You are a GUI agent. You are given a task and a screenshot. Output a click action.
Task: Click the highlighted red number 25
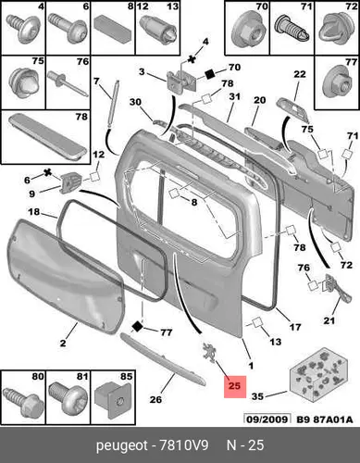pos(234,386)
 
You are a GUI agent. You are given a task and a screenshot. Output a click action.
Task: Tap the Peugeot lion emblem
pos(209,351)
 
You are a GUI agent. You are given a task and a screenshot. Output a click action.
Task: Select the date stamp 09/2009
pos(267,419)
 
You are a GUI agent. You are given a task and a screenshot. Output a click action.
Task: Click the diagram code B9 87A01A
pos(325,419)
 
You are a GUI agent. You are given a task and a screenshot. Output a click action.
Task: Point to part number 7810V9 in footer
pos(183,445)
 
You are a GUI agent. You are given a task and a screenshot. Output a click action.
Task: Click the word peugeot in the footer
pos(122,446)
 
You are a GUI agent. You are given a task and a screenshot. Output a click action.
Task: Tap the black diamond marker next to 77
pos(137,326)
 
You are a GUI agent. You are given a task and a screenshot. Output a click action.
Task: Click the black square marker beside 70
pos(210,74)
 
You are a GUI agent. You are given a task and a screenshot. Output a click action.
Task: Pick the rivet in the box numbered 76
pos(68,83)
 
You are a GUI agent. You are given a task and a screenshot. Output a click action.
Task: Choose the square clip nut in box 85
pos(114,398)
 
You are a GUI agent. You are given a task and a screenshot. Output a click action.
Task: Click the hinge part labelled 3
pos(180,81)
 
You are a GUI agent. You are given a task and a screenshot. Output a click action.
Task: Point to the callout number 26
pos(155,399)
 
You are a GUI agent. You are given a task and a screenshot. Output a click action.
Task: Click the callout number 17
pos(295,327)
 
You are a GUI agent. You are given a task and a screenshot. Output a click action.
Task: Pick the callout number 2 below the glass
pos(63,343)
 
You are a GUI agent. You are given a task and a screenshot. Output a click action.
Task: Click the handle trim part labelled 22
pos(293,109)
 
